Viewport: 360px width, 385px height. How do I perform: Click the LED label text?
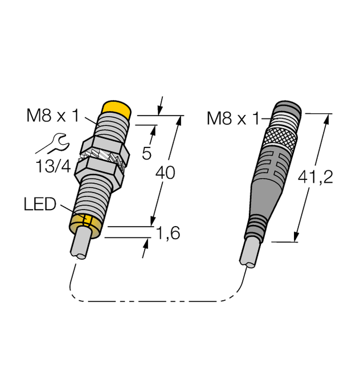point(40,204)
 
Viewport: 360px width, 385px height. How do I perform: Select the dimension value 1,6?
point(167,233)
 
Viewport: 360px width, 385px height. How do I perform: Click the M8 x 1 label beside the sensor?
point(52,117)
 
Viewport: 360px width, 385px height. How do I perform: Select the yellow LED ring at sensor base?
point(85,223)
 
